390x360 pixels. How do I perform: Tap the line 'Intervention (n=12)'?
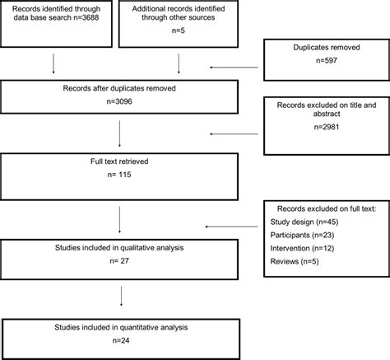click(299, 248)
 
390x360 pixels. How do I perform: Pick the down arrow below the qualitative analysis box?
click(121, 296)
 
